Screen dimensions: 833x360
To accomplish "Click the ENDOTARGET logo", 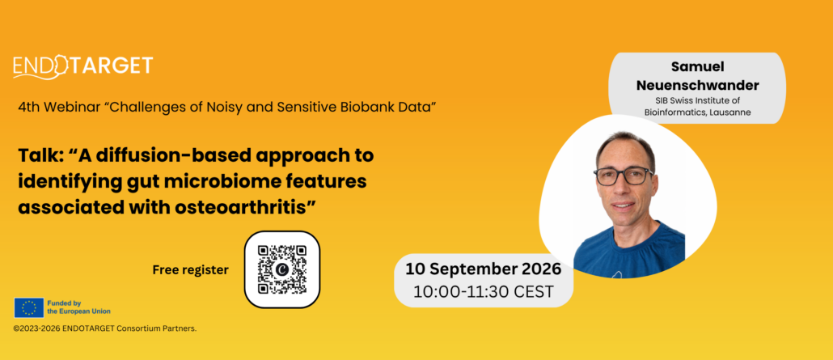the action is pos(82,67).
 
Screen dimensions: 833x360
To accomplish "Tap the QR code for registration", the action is pos(282,269).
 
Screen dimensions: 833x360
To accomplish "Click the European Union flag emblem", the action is pos(28,307).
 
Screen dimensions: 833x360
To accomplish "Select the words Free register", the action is pos(190,270).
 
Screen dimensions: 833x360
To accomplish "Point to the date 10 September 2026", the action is pos(483,269).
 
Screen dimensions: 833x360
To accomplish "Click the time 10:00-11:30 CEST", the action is pos(483,292).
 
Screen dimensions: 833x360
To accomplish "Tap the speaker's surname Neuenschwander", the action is pos(697,85).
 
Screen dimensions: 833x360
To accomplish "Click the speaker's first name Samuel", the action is pos(697,67).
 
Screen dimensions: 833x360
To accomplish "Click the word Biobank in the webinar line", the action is pos(363,107).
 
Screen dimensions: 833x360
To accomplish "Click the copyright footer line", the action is pos(105,328).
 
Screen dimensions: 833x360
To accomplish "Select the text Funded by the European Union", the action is pos(78,307).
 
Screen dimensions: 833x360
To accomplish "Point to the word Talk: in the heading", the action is pos(40,156).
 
